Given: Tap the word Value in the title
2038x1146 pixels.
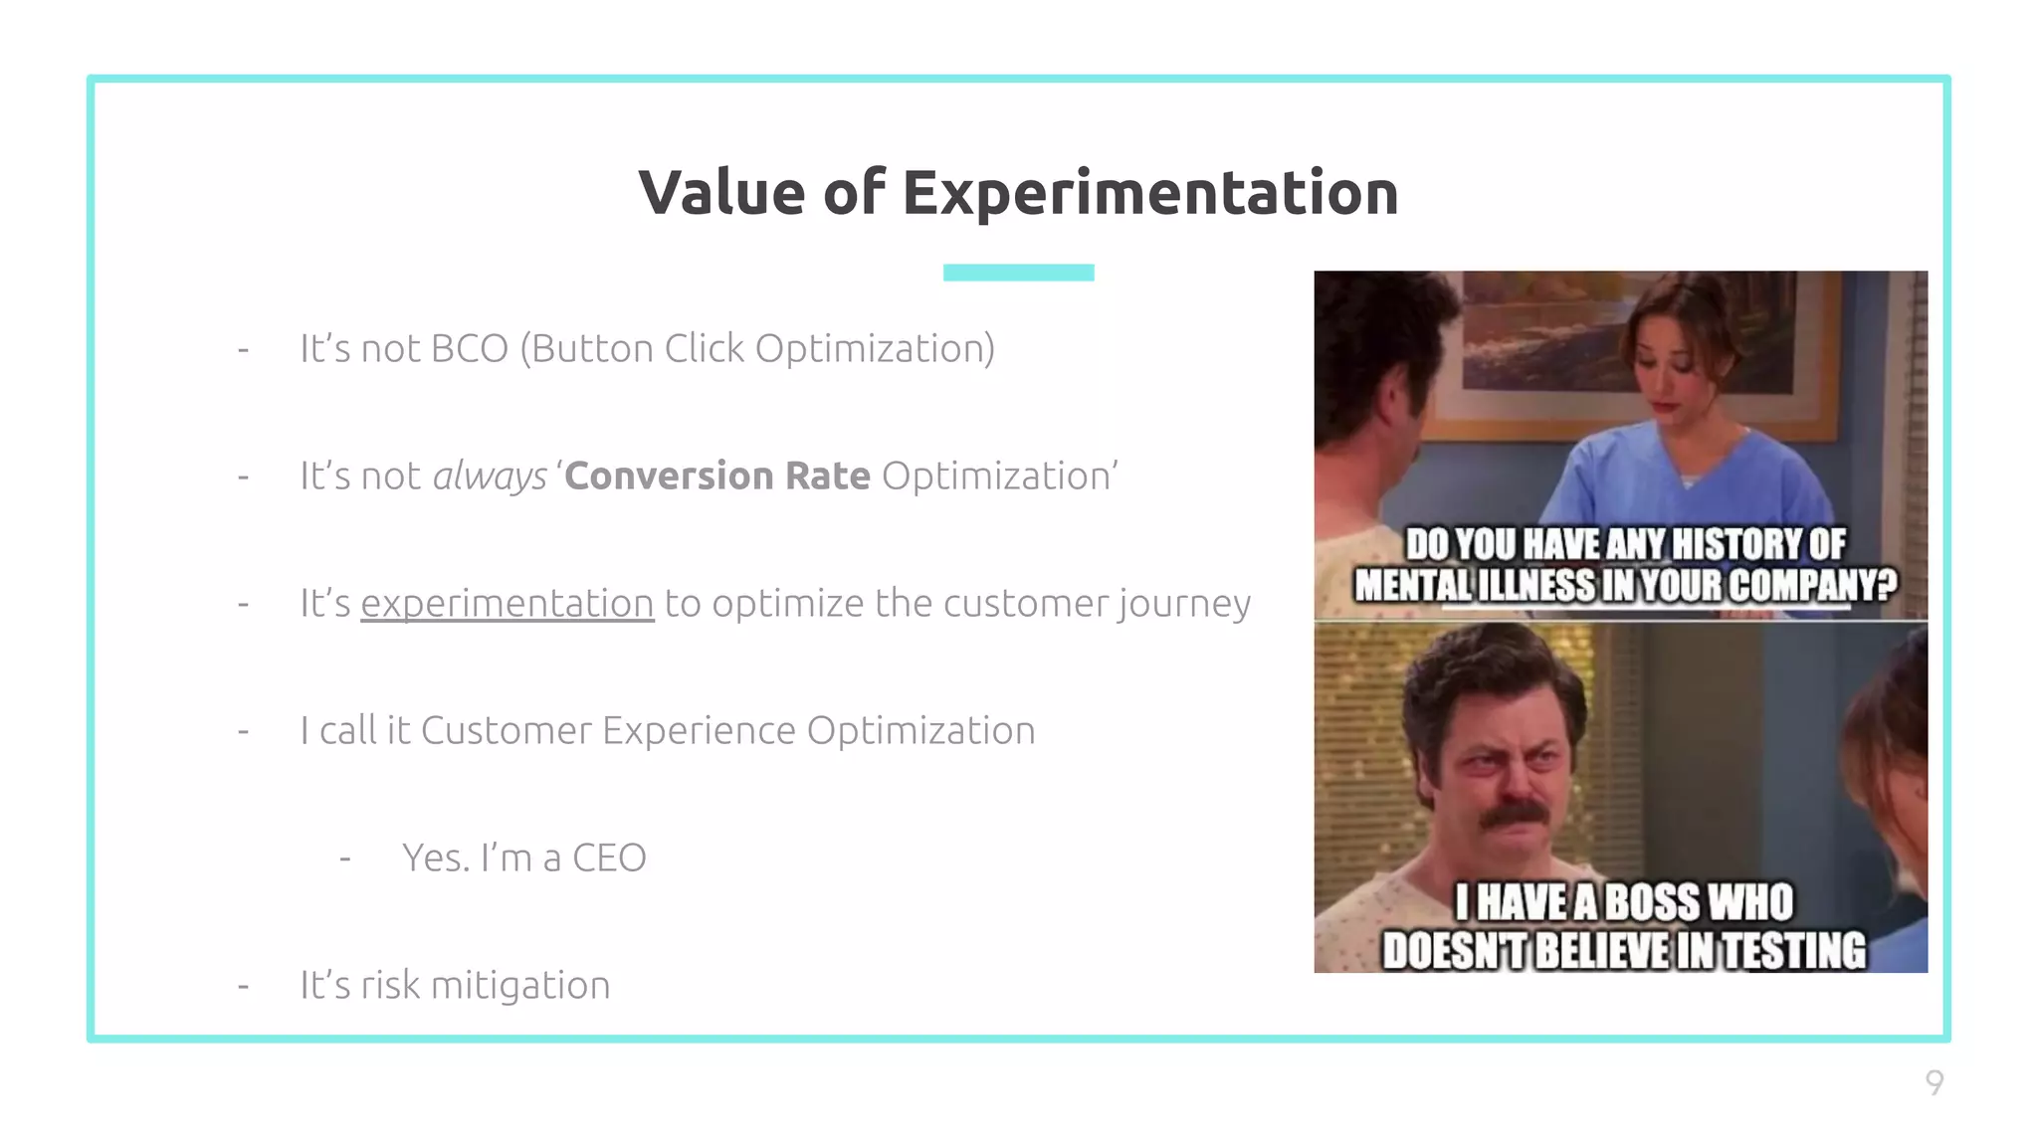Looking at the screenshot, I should click(x=721, y=193).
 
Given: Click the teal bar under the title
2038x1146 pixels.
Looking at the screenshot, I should click(x=1018, y=273).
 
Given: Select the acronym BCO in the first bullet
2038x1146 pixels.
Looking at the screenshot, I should click(x=470, y=349).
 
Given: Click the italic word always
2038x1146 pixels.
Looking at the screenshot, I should click(x=490, y=477).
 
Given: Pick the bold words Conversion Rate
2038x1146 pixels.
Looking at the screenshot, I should click(x=717, y=477).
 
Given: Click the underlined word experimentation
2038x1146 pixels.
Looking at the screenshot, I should click(x=507, y=604).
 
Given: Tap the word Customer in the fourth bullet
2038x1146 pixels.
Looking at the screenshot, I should click(x=506, y=731).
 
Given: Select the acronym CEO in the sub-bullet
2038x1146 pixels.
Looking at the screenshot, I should click(x=609, y=859).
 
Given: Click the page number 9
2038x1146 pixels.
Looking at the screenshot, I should click(x=1934, y=1082).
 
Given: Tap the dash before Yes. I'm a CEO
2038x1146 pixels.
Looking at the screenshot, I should click(x=345, y=859).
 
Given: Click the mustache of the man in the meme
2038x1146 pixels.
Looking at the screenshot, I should click(x=1514, y=816).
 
